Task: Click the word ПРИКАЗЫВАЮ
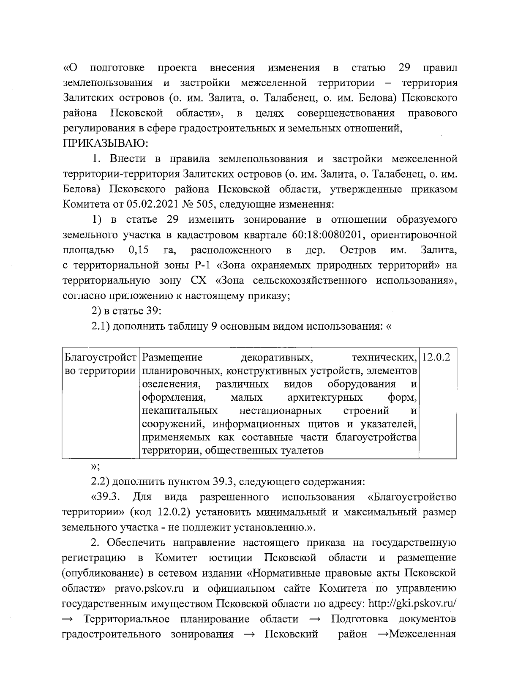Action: click(105, 143)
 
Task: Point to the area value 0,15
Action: click(138, 250)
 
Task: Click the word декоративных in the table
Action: click(276, 358)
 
